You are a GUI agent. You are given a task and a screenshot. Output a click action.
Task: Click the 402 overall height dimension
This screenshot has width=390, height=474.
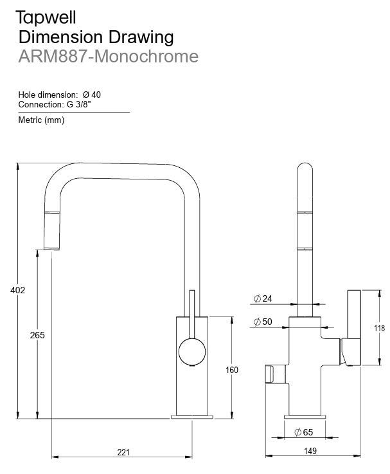tap(17, 290)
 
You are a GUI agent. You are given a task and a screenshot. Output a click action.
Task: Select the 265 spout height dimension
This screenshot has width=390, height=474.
tap(37, 335)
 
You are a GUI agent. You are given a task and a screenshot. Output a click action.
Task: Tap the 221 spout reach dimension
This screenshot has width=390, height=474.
tap(123, 452)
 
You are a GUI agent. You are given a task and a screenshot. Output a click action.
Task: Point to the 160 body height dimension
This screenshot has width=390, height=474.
tap(232, 370)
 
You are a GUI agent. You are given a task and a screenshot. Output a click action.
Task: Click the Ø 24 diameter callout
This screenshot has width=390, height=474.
tap(263, 298)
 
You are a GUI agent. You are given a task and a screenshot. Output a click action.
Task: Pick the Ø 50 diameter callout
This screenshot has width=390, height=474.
tap(263, 322)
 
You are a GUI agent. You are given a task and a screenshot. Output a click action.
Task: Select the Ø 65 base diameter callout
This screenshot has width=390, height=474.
tap(304, 432)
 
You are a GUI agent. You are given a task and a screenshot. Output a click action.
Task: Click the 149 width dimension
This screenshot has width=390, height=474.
tap(310, 451)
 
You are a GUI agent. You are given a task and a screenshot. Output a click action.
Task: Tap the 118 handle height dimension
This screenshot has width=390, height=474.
tap(379, 328)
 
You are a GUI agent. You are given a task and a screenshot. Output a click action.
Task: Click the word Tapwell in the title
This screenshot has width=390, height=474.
tap(46, 17)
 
